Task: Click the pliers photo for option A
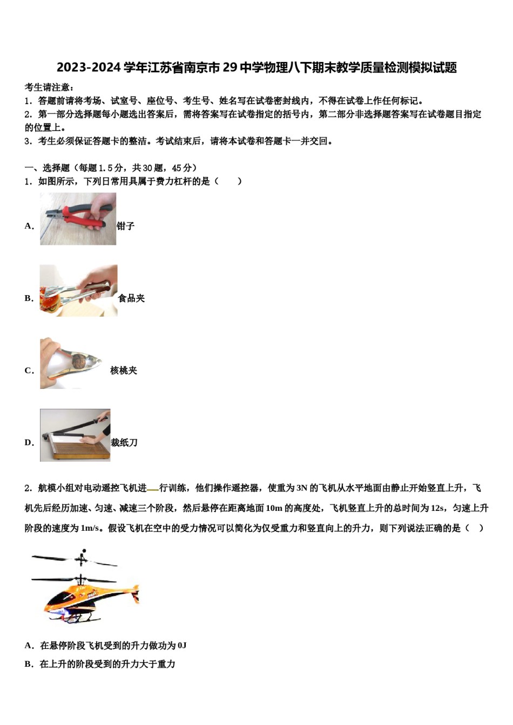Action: tap(78, 219)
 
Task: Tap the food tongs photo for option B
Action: tap(78, 291)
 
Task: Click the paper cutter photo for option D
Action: tap(75, 435)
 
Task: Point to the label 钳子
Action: tap(125, 226)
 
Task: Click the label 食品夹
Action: tap(131, 298)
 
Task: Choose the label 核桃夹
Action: tap(124, 370)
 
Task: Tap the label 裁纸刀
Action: tap(124, 442)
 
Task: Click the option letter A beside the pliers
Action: tap(29, 226)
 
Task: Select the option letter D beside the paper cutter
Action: tap(29, 442)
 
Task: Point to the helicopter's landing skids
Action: tap(81, 617)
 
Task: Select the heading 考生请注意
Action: tap(49, 87)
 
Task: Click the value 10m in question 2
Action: tap(274, 508)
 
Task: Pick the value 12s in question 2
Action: tap(438, 508)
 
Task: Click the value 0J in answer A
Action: tap(181, 645)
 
